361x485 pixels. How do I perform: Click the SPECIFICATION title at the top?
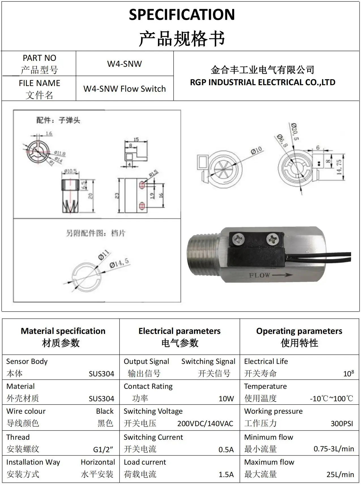(182, 15)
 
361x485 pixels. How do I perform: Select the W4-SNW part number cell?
(124, 64)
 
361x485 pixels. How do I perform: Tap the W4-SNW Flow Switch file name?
(124, 89)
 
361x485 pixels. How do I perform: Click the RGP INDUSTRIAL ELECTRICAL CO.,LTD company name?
(262, 82)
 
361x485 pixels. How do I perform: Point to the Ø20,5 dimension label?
(294, 132)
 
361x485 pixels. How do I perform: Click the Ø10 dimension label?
(256, 151)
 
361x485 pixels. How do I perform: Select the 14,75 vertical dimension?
(339, 167)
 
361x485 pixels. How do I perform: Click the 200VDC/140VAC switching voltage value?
(205, 424)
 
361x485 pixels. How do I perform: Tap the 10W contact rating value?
(226, 399)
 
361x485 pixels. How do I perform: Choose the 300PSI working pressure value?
(342, 424)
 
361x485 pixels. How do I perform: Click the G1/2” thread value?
(103, 449)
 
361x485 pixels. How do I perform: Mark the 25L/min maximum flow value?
(340, 474)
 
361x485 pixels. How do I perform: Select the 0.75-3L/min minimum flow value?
(334, 449)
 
